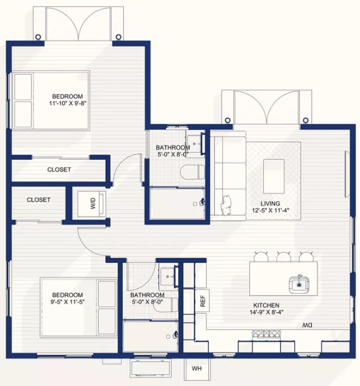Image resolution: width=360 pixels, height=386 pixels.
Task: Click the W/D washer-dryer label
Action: point(93,203)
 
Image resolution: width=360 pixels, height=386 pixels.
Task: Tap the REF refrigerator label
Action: point(203,301)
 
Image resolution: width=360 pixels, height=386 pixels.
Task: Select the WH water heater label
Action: point(197,368)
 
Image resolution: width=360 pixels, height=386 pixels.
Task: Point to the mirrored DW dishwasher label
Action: point(307,325)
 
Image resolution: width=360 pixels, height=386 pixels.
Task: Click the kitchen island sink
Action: point(299,285)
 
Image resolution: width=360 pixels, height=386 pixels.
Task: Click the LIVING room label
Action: point(270,203)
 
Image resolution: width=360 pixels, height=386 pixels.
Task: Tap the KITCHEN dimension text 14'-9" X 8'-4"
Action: point(267,312)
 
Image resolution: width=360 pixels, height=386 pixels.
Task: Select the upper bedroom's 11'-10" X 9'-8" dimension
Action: point(68,103)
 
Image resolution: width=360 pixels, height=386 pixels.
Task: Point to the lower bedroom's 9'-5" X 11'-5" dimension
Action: point(68,301)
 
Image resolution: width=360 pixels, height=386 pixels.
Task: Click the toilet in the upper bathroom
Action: point(192,172)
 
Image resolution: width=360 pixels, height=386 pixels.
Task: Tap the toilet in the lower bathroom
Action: point(165,305)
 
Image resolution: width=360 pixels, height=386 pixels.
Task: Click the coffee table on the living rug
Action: point(274,176)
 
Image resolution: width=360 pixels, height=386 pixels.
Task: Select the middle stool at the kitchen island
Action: point(283,257)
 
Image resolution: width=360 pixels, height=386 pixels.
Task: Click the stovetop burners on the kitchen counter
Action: point(267,333)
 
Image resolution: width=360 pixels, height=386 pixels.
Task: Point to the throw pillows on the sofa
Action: point(226,205)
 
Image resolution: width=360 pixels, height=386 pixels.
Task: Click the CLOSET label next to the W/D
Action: point(39,199)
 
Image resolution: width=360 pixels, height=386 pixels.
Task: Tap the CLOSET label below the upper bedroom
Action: point(59,170)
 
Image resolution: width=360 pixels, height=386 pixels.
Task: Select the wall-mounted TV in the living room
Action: point(347,174)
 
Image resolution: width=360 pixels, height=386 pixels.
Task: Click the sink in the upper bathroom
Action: point(194,144)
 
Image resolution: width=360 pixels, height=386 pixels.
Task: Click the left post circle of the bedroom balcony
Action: point(38,37)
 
